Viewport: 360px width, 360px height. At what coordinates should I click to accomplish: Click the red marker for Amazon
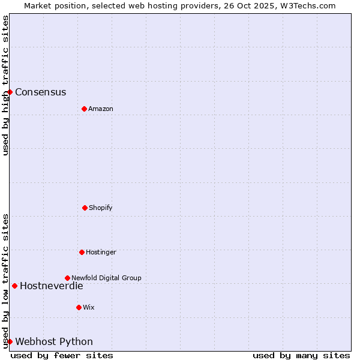[x=84, y=109]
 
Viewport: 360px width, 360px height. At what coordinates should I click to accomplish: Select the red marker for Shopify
[x=85, y=208]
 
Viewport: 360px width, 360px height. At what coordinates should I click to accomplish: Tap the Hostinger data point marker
[x=82, y=252]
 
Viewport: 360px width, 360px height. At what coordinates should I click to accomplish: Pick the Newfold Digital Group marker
[x=67, y=278]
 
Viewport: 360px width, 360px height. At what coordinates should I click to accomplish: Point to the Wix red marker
[x=79, y=307]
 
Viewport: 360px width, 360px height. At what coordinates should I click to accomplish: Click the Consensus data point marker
[x=10, y=92]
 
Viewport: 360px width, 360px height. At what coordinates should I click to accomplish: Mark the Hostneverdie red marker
[x=14, y=286]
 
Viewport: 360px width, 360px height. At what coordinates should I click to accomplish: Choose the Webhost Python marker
[x=10, y=341]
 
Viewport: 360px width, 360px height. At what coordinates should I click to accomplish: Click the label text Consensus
[x=40, y=92]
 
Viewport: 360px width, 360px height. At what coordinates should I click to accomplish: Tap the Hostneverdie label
[x=51, y=286]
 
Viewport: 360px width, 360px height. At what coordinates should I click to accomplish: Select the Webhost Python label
[x=54, y=341]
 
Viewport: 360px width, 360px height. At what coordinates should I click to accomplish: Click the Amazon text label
[x=101, y=109]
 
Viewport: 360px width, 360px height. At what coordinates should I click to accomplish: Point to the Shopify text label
[x=101, y=208]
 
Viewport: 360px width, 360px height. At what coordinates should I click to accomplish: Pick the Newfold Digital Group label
[x=106, y=278]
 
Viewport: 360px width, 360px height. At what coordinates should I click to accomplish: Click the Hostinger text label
[x=101, y=252]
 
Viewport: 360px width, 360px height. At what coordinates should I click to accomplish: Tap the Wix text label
[x=89, y=307]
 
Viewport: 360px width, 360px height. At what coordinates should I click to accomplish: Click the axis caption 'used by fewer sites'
[x=62, y=355]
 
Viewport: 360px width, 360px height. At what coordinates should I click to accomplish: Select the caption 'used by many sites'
[x=301, y=355]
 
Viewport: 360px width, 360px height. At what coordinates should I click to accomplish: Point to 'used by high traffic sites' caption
[x=5, y=85]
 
